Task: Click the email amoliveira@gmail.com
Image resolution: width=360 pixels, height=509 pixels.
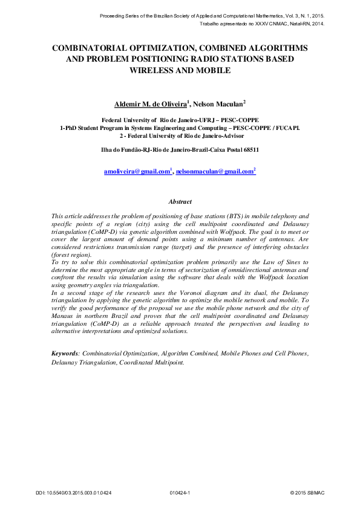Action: point(137,172)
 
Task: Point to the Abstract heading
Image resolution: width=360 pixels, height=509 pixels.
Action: point(180,202)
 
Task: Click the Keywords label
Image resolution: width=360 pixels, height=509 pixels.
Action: point(65,352)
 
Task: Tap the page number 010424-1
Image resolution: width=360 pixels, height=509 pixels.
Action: point(180,493)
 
